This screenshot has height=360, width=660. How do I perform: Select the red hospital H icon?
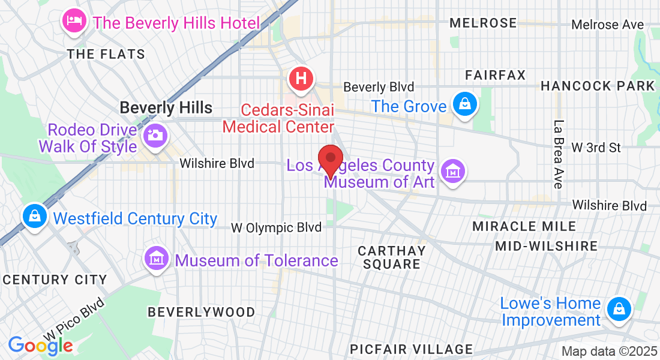[x=301, y=79]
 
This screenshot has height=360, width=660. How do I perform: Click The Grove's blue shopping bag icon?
[x=464, y=104]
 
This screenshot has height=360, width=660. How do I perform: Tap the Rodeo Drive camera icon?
[x=155, y=136]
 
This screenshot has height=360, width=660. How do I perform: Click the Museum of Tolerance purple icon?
[x=157, y=259]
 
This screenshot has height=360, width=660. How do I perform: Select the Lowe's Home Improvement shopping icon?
[x=617, y=310]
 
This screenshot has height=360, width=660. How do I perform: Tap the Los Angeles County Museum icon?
[x=453, y=172]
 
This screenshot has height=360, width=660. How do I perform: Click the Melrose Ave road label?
[x=607, y=25]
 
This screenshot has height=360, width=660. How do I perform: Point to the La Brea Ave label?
[x=558, y=154]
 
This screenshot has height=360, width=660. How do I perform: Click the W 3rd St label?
[x=596, y=147]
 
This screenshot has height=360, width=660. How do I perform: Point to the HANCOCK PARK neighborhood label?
[x=598, y=86]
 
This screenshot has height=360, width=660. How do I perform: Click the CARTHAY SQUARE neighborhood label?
[x=391, y=257]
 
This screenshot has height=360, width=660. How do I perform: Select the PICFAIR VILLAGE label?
[x=411, y=349]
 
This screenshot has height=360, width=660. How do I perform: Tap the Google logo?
[x=40, y=345]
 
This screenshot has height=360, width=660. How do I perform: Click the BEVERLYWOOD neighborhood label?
[x=201, y=312]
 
